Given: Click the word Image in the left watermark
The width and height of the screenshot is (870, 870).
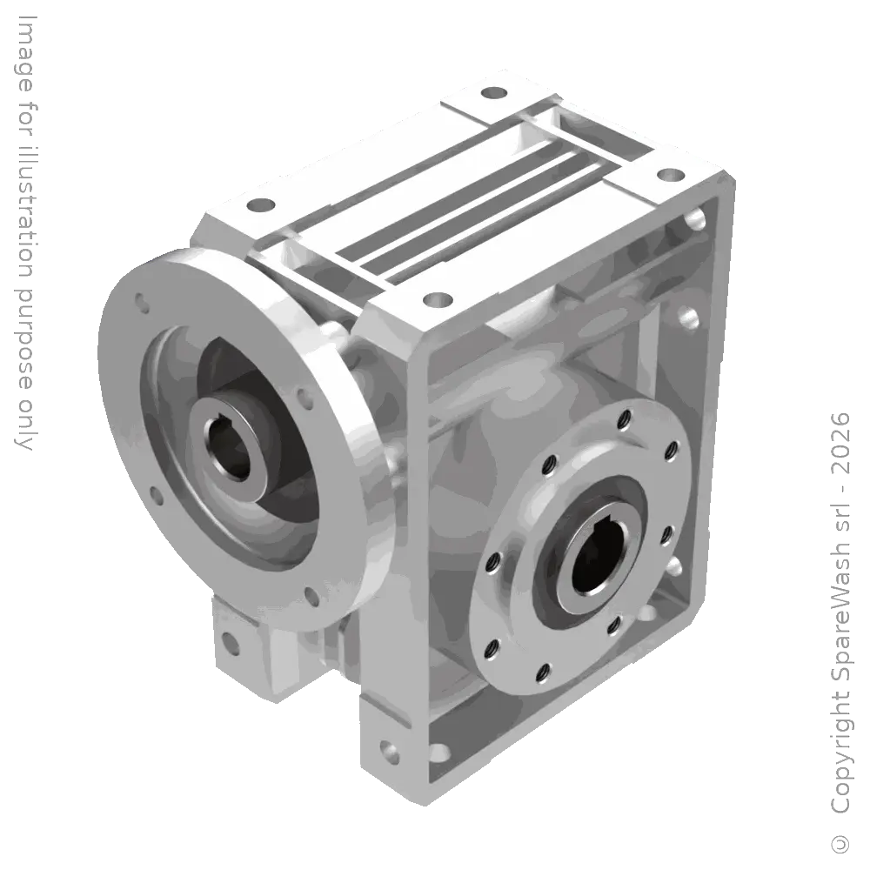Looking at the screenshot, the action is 25,53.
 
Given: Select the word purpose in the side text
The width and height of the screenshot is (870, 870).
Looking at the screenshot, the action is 25,340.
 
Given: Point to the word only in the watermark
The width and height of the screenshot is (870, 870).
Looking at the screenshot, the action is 25,422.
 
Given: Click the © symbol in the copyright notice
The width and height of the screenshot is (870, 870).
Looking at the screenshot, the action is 841,843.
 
